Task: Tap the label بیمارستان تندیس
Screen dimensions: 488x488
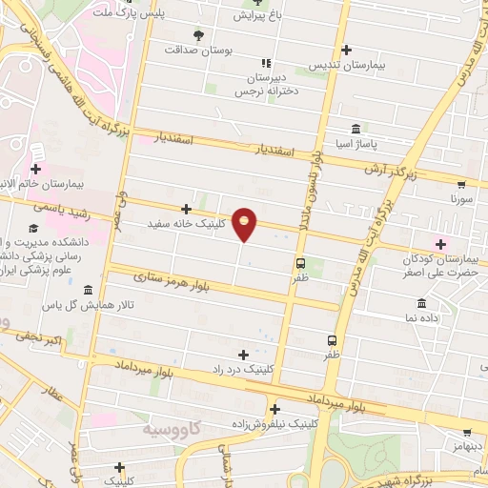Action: [346, 67]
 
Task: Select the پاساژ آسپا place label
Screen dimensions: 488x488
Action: [355, 144]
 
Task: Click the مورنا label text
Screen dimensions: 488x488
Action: [460, 202]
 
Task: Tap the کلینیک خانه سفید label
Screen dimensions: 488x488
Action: [187, 224]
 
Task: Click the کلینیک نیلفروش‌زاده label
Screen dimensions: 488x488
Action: [274, 424]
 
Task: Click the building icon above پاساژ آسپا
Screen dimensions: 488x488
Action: [355, 129]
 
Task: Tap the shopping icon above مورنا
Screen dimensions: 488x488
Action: [461, 186]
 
